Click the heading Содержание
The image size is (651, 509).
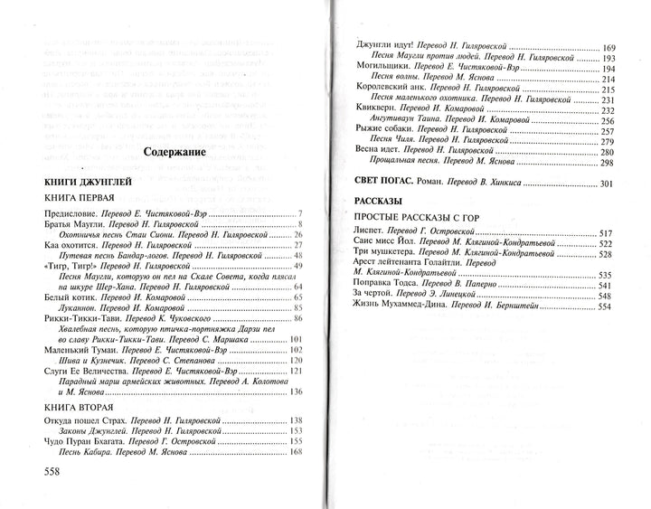pos(175,152)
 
